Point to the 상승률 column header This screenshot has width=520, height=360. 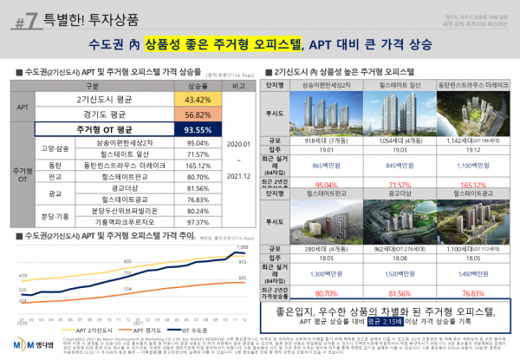tap(198, 87)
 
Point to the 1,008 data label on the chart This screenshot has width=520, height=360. tap(242, 248)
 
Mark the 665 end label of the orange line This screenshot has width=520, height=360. tap(242, 278)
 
